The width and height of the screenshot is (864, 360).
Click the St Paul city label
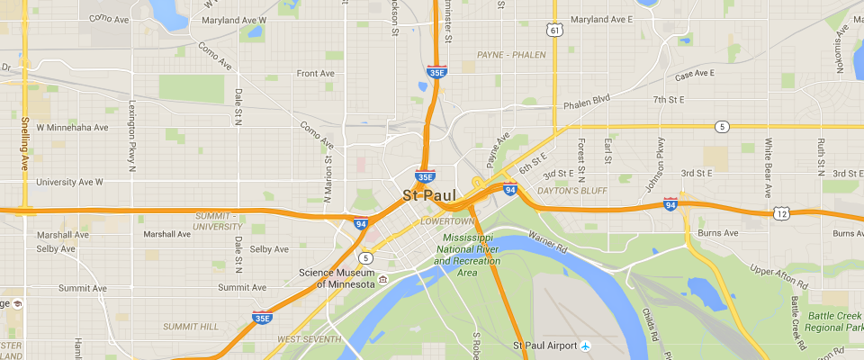pos(429,195)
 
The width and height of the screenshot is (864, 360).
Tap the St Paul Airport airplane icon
pos(585,345)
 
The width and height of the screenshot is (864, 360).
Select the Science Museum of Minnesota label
pos(337,278)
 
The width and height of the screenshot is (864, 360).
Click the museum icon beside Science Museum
pos(382,280)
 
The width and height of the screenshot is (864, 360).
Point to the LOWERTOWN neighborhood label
pos(446,220)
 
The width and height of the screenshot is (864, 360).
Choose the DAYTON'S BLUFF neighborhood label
pos(572,191)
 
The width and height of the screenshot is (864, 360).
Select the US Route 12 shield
pos(780,213)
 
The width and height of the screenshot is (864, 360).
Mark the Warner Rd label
pos(547,240)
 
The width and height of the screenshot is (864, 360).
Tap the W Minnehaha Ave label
pos(72,128)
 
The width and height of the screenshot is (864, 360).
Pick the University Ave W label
pos(69,182)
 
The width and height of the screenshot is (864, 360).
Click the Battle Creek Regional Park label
pos(834,320)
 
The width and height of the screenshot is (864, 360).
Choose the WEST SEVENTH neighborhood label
pos(309,339)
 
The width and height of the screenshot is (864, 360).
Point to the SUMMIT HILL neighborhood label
pos(190,326)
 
